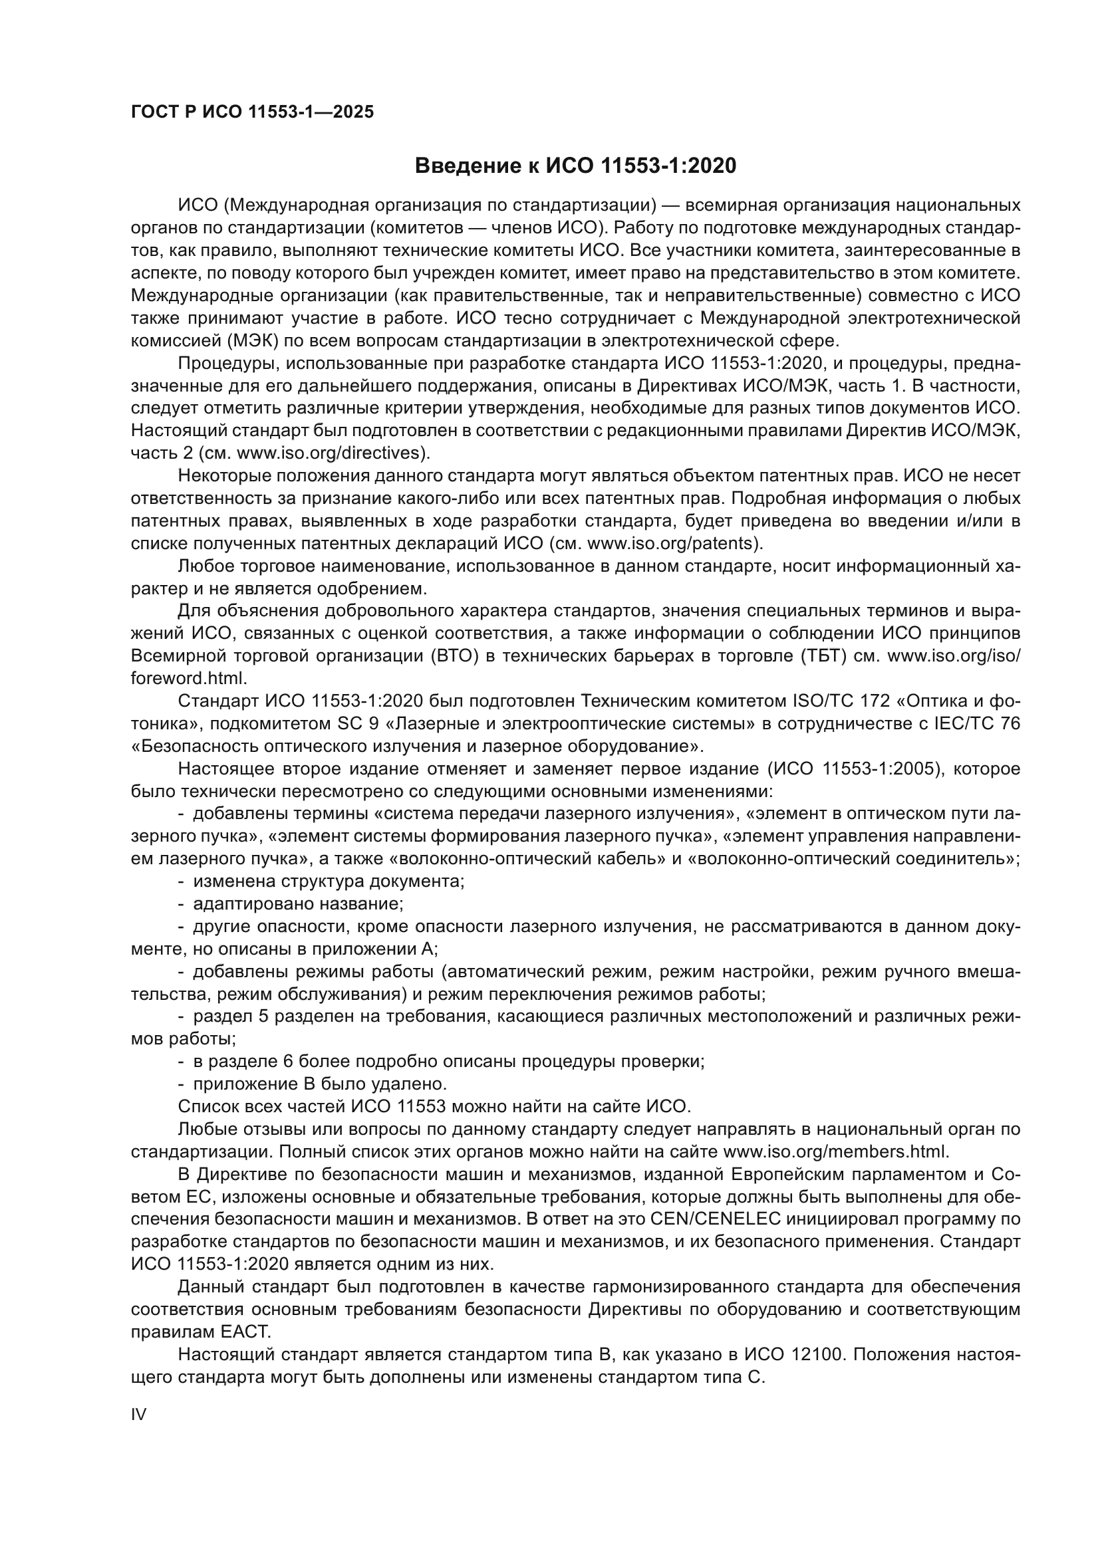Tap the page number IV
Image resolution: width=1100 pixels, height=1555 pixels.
[138, 1414]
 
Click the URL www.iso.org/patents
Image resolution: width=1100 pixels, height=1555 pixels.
[672, 543]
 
